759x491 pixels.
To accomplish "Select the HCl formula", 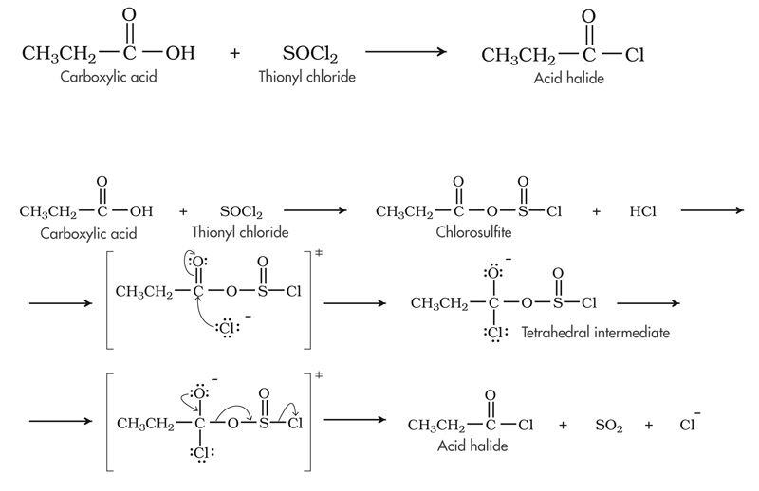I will [x=642, y=210].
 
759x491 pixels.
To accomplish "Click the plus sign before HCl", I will [x=597, y=210].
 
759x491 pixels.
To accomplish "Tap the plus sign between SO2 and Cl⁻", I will [x=649, y=426].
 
